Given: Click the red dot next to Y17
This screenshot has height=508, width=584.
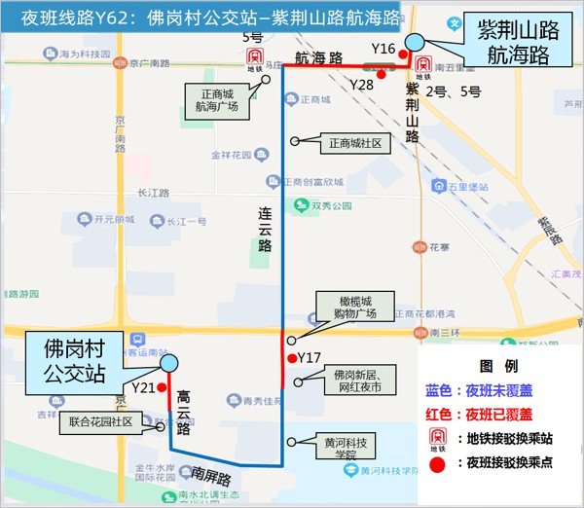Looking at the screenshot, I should [x=292, y=358].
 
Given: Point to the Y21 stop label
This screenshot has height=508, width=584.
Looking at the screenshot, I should [x=143, y=387].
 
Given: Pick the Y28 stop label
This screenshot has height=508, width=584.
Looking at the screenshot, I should [x=362, y=85].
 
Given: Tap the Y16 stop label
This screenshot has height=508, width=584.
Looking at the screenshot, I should [x=383, y=48].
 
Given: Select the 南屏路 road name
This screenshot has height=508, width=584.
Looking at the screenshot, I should [x=211, y=478].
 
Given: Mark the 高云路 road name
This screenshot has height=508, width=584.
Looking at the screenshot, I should [x=183, y=415].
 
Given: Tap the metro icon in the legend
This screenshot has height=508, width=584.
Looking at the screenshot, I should [x=438, y=438].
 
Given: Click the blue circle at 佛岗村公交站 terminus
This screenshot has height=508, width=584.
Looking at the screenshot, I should [x=169, y=363].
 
